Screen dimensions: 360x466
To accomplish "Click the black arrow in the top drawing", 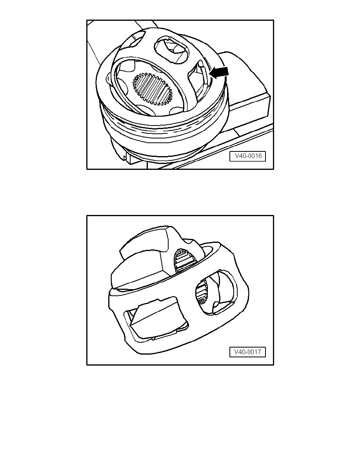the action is (219, 73).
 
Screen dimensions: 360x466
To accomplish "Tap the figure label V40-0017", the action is (247, 352).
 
